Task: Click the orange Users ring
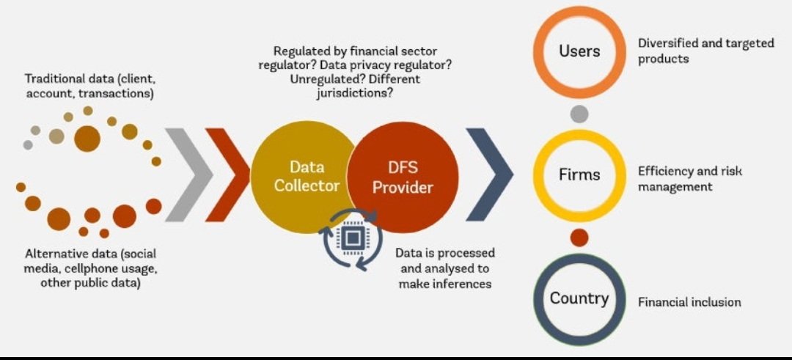[x=579, y=51]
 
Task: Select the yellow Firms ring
[x=579, y=175]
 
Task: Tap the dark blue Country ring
[x=579, y=298]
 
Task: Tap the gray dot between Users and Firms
[x=579, y=114]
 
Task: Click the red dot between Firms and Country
[x=579, y=238]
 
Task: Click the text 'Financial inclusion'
[x=689, y=302]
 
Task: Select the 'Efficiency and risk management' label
[x=689, y=179]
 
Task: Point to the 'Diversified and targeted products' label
[x=705, y=51]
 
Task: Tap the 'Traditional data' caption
[x=91, y=85]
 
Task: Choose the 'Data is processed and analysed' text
[x=445, y=268]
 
